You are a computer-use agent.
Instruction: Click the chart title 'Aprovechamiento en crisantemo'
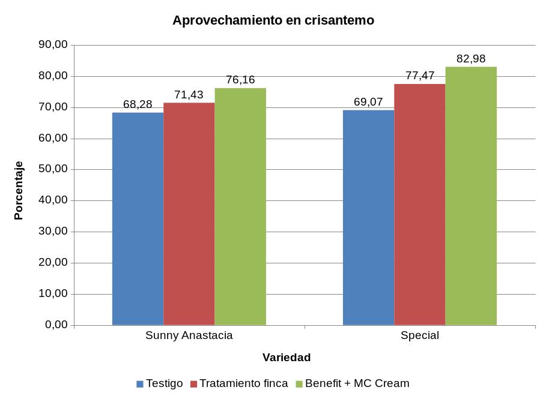point(273,20)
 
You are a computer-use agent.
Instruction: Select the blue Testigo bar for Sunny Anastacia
point(138,219)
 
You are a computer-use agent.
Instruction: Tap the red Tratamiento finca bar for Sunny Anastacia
point(189,214)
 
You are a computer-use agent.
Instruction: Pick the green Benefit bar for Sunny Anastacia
point(240,207)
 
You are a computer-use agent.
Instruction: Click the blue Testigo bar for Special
point(368,218)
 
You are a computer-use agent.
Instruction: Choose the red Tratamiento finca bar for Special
point(419,205)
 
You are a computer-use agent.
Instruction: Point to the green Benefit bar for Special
point(471,196)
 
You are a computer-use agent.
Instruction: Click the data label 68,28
point(138,104)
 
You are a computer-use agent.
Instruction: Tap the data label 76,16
point(240,80)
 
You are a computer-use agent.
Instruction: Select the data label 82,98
point(471,59)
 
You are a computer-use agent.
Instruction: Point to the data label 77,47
point(419,76)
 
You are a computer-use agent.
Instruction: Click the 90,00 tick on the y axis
point(53,45)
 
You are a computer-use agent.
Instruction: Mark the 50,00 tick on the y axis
point(53,169)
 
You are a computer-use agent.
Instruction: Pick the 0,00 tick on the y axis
point(55,325)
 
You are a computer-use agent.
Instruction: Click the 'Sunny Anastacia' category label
point(189,335)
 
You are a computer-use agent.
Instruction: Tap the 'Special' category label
point(419,335)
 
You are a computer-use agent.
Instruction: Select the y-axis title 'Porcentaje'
point(19,190)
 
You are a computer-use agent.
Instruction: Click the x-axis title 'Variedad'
point(287,358)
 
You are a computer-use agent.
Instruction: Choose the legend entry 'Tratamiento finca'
point(243,383)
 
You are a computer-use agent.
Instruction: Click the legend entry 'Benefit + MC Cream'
point(357,383)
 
